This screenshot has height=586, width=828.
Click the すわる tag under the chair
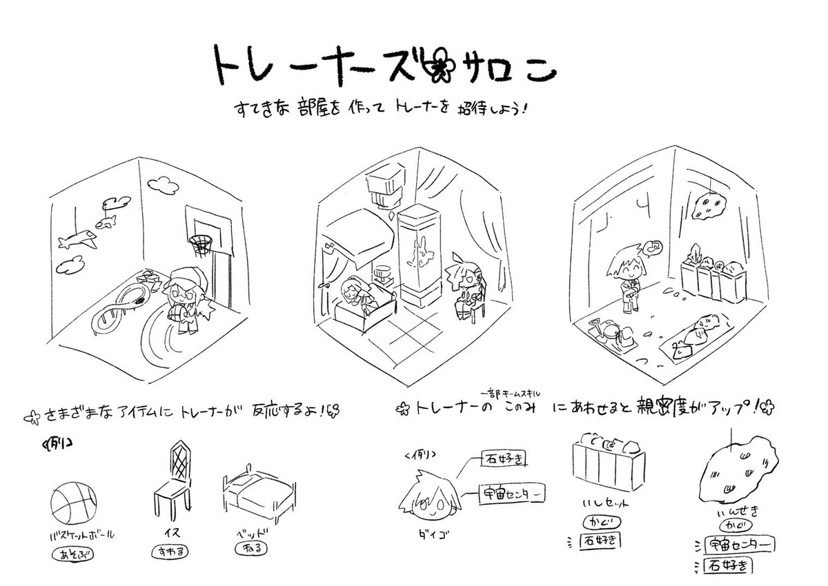(168, 552)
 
